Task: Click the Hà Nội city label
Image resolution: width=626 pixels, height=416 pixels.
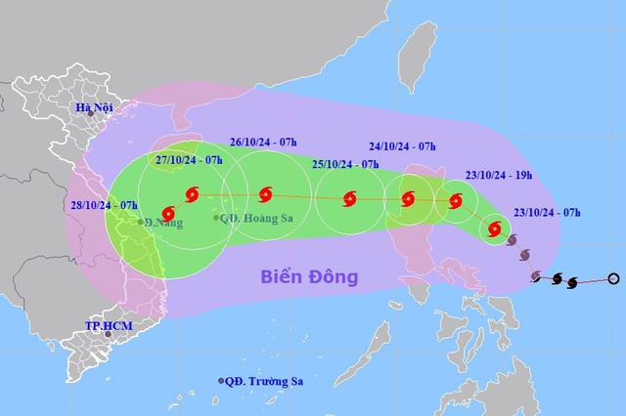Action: click(x=99, y=106)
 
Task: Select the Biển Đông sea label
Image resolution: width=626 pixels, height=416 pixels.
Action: click(x=309, y=276)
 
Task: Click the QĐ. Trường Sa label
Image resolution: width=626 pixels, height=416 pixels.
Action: click(x=266, y=381)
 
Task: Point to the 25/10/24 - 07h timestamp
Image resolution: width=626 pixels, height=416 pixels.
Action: click(x=345, y=164)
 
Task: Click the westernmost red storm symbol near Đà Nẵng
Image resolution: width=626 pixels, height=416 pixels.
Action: click(x=168, y=211)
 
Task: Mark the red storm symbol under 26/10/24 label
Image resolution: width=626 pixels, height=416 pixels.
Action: click(x=265, y=194)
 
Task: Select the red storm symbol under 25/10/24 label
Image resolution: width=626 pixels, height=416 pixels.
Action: click(x=349, y=199)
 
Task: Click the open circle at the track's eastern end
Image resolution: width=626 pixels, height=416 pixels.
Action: click(x=613, y=278)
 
